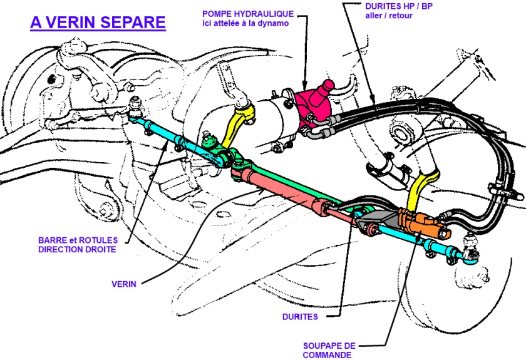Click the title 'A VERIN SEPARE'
(x=98, y=24)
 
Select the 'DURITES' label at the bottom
(x=299, y=317)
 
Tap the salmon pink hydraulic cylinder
(x=282, y=191)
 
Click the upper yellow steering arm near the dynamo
(x=241, y=119)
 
